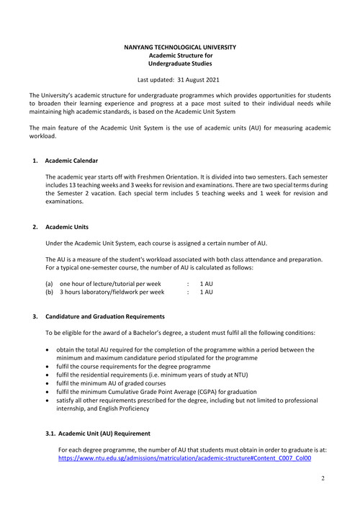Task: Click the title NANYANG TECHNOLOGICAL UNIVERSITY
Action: click(181, 47)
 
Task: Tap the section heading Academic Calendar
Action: click(71, 160)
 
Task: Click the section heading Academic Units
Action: click(66, 227)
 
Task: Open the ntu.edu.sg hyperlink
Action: click(184, 457)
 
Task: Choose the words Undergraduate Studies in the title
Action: click(181, 63)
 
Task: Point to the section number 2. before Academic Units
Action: click(35, 227)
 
